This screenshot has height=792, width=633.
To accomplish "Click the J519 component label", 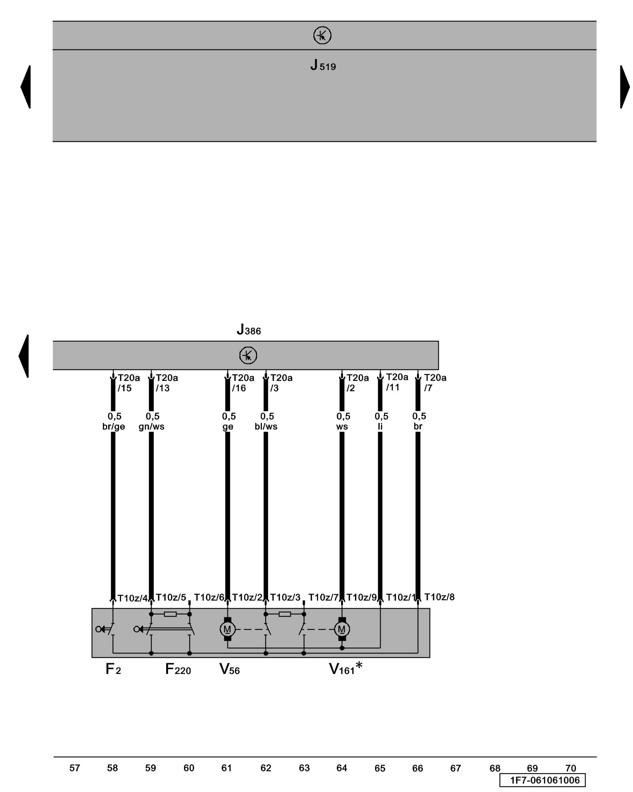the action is [x=323, y=65].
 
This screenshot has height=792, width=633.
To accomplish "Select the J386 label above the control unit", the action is [x=249, y=330].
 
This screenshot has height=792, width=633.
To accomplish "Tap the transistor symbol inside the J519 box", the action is [x=322, y=35].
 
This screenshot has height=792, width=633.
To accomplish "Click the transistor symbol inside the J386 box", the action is [x=248, y=355].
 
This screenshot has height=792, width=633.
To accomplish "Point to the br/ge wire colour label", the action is [x=114, y=426].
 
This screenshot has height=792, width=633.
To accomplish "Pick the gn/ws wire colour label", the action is [x=152, y=426].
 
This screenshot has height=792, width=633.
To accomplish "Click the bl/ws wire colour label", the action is [x=266, y=426].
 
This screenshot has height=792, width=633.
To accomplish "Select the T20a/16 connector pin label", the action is [x=243, y=383].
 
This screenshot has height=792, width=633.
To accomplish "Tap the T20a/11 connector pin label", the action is [x=397, y=382].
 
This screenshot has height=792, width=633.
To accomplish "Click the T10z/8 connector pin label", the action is [x=439, y=597].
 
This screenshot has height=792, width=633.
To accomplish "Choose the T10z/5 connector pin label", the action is [x=171, y=597].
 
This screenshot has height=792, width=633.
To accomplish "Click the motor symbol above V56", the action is [x=227, y=629].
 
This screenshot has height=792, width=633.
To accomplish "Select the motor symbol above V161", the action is [x=342, y=629].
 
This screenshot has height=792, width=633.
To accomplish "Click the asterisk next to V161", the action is [x=359, y=666].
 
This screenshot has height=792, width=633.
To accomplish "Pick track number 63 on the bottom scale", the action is [x=304, y=768].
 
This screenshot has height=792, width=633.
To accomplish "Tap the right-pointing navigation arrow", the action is [x=625, y=87].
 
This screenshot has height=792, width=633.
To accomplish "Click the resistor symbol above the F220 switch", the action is [x=170, y=614].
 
